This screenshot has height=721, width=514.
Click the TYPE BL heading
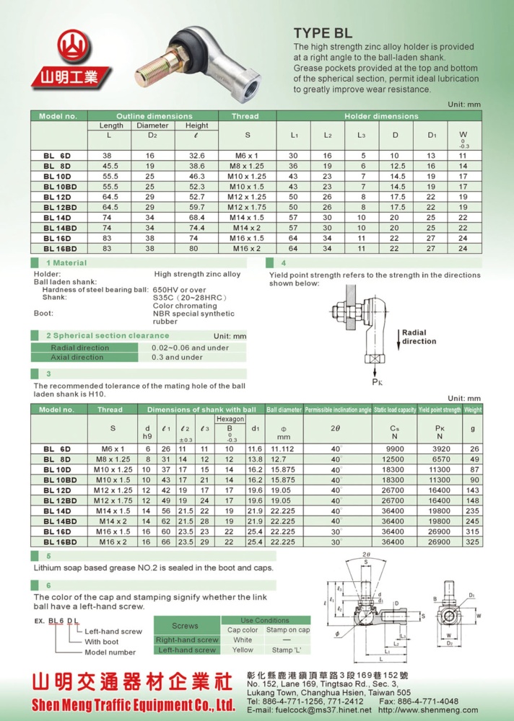coord(323,33)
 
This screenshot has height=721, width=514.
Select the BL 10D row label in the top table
coord(57,176)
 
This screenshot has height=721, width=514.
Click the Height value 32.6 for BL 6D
coord(196,156)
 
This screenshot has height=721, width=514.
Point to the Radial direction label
coord(419,337)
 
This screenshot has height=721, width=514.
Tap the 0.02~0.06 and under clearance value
coord(190,348)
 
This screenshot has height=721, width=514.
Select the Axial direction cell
coord(77,357)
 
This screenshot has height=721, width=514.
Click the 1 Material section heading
coord(66,263)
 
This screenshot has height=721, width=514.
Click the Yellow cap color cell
coord(243,650)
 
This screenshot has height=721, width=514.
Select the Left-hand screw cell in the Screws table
coord(186,650)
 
